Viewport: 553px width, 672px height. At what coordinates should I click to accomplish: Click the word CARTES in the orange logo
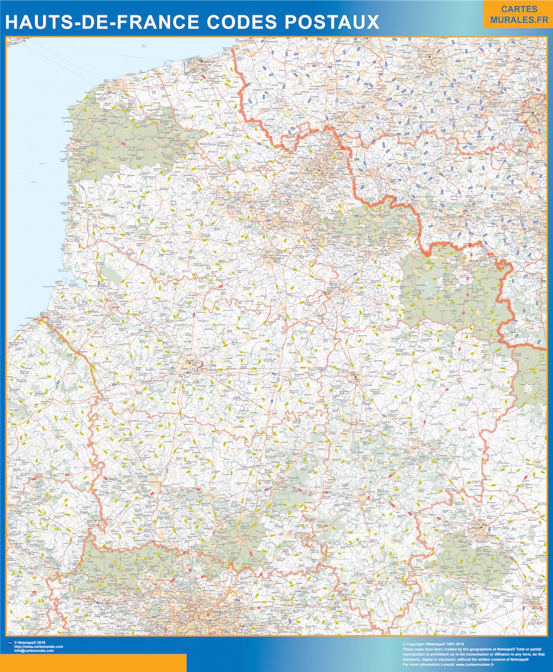click(x=518, y=9)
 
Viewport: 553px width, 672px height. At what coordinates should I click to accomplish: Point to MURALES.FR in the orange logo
click(x=518, y=20)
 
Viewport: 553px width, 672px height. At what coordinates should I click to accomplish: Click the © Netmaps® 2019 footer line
click(x=30, y=642)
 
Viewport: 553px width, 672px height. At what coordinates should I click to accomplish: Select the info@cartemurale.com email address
click(x=34, y=650)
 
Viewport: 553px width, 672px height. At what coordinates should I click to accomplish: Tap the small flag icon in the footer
click(x=10, y=642)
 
